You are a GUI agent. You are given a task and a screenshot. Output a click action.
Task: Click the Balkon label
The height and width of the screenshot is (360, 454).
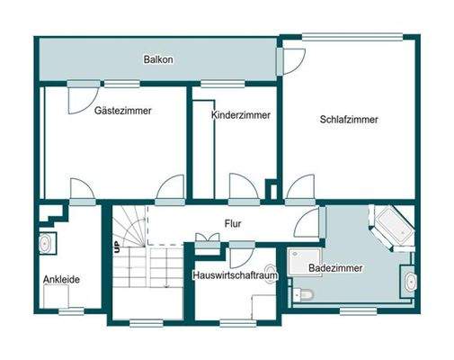(157, 60)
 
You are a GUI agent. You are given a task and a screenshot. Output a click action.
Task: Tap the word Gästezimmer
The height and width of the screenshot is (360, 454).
(122, 111)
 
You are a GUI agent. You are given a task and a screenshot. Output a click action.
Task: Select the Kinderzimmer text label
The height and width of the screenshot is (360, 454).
(241, 116)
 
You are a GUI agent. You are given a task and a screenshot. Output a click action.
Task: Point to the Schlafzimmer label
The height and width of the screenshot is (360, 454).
(348, 120)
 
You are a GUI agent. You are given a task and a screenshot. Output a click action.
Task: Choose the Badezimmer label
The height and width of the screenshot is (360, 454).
(330, 268)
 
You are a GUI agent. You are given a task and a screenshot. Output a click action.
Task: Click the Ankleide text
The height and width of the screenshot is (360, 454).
(61, 280)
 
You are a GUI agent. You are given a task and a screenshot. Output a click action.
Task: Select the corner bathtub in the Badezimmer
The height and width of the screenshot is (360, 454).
(393, 225)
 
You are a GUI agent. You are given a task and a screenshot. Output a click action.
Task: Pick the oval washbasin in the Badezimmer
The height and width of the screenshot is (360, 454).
(409, 281)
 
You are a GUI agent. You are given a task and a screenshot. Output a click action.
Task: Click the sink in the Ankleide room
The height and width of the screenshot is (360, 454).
(45, 243)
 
